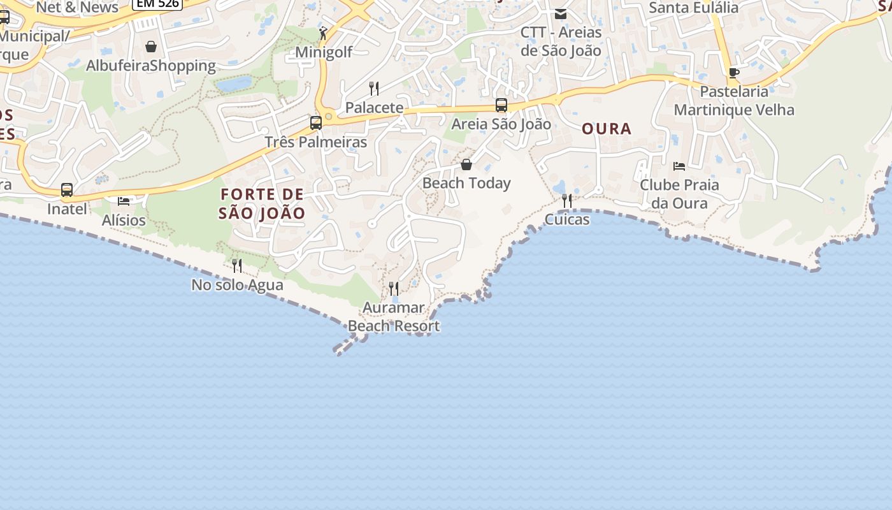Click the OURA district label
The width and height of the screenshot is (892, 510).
[607, 129]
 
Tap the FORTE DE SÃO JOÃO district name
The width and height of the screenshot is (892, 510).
[262, 203]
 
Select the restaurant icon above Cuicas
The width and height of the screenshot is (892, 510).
[566, 201]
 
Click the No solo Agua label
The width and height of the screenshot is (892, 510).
[237, 284]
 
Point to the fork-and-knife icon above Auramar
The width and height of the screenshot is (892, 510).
[394, 289]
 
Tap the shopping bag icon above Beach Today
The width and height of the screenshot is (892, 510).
[466, 164]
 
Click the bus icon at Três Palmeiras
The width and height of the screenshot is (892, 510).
[316, 123]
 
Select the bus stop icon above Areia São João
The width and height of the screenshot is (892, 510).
[501, 105]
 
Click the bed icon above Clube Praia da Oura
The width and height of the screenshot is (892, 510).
[679, 166]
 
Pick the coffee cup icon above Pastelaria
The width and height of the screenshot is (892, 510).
[734, 73]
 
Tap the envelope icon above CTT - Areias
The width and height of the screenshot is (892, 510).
[561, 14]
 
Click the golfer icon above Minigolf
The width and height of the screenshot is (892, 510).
[324, 33]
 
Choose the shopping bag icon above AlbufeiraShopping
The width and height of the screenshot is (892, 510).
[151, 47]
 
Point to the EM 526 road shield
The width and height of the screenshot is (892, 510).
[157, 4]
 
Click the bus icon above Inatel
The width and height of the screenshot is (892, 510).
[67, 190]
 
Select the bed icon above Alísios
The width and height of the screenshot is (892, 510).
[124, 201]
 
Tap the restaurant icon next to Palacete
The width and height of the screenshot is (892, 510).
[374, 89]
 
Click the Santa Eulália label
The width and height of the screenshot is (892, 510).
[693, 8]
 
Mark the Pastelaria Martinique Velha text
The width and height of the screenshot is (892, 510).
[734, 101]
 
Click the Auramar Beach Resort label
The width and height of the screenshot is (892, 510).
[394, 317]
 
